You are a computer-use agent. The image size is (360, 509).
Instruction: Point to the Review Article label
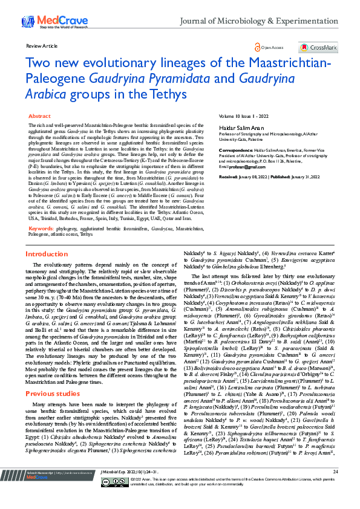pos(42,45)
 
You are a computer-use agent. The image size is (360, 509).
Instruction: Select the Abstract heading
pos(40,115)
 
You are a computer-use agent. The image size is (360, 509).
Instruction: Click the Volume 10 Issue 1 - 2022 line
pos(243,115)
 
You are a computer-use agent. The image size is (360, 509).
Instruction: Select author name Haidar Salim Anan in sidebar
pos(238,128)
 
